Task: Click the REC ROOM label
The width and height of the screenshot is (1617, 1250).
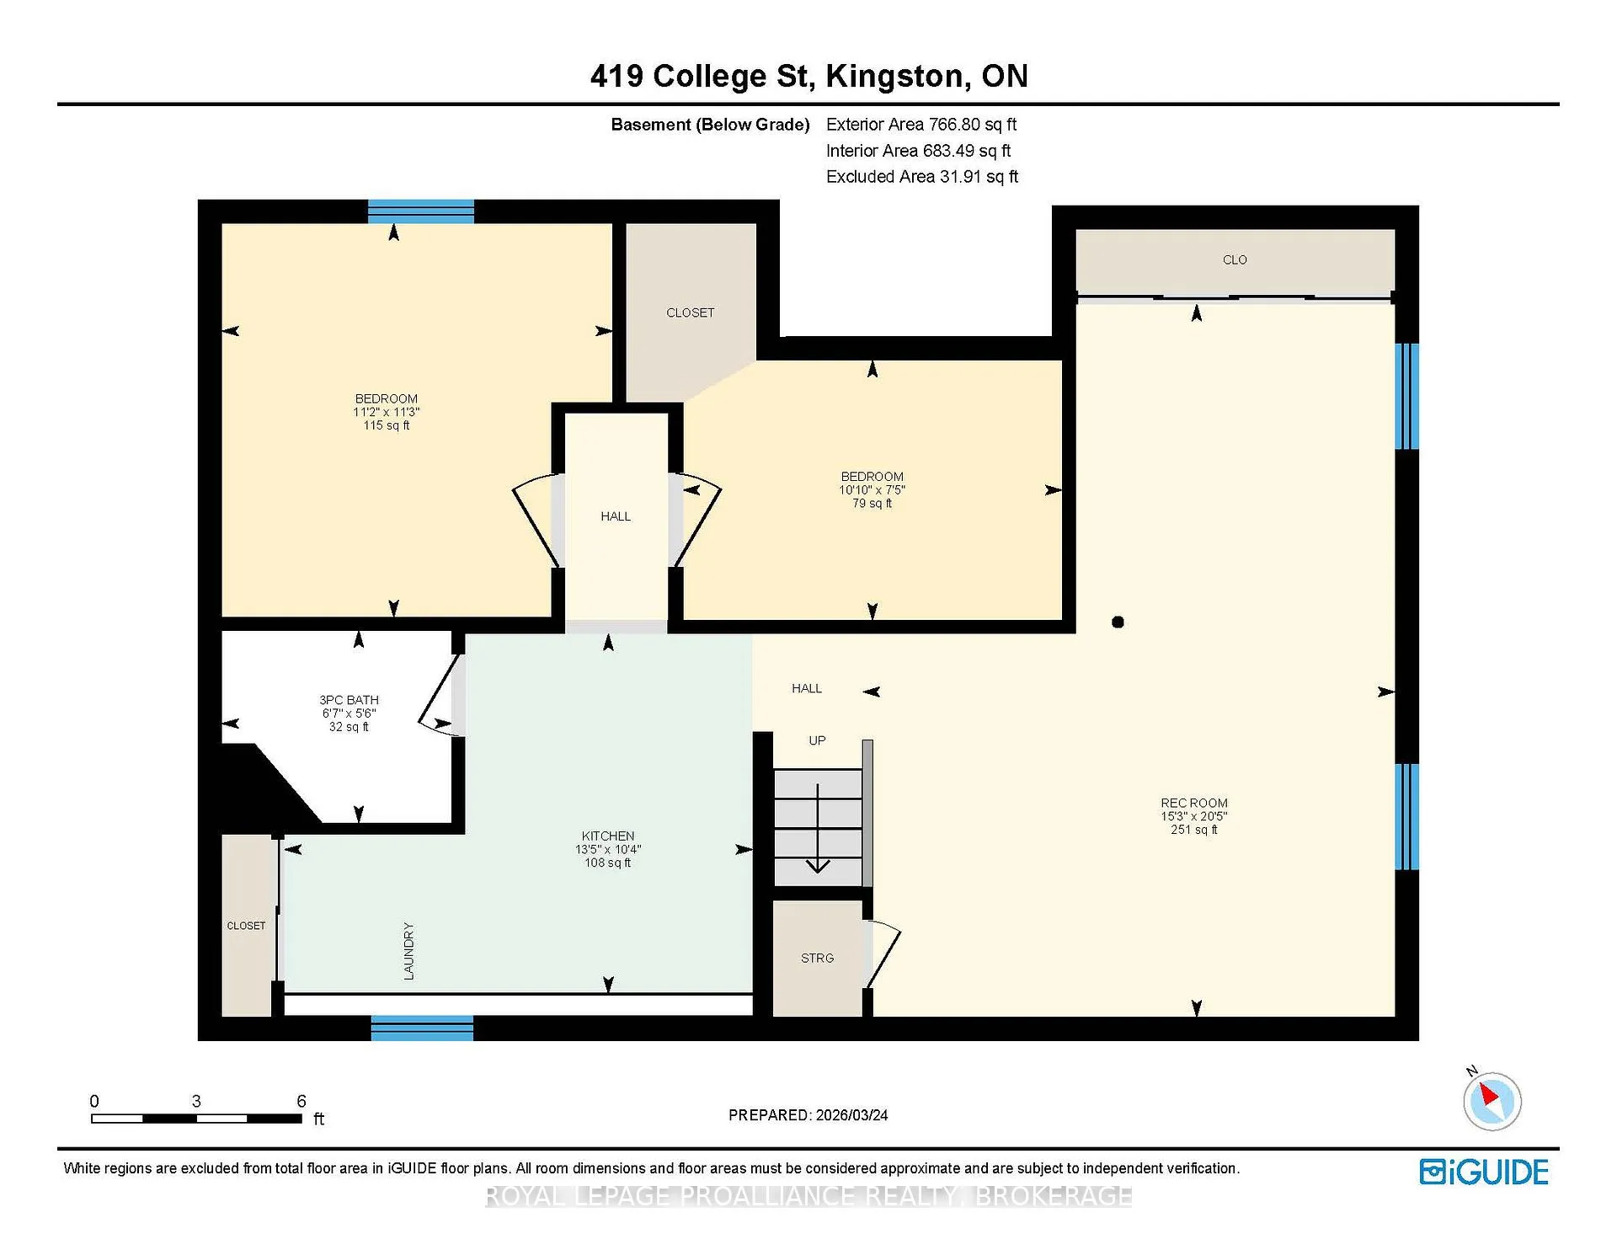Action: pyautogui.click(x=1193, y=803)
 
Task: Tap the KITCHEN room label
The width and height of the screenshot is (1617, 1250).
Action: pyautogui.click(x=607, y=836)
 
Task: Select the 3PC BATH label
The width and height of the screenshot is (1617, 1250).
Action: pyautogui.click(x=349, y=700)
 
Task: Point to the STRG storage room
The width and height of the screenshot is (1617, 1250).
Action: pyautogui.click(x=818, y=958)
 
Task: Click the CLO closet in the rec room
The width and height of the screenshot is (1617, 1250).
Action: pyautogui.click(x=1235, y=260)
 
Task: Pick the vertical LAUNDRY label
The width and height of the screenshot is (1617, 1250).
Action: pyautogui.click(x=409, y=951)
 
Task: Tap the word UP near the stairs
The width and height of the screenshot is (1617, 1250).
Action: pyautogui.click(x=817, y=740)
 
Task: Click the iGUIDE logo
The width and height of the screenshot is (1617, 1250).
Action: pyautogui.click(x=1484, y=1172)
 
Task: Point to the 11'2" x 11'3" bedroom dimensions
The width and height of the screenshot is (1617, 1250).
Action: pyautogui.click(x=386, y=412)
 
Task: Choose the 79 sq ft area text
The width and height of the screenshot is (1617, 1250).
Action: pyautogui.click(x=872, y=503)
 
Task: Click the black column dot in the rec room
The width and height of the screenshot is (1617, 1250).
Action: pyautogui.click(x=1118, y=622)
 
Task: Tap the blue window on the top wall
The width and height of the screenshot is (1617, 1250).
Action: pyautogui.click(x=421, y=211)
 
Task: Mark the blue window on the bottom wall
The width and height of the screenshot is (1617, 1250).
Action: pyautogui.click(x=422, y=1028)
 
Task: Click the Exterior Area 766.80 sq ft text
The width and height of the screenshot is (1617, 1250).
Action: pyautogui.click(x=921, y=125)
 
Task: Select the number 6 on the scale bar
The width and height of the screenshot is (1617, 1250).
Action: pyautogui.click(x=302, y=1101)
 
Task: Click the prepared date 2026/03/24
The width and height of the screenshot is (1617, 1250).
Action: pyautogui.click(x=851, y=1115)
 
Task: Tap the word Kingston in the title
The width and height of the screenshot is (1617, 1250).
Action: pyautogui.click(x=894, y=77)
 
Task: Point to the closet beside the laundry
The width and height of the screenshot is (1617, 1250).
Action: pyautogui.click(x=247, y=925)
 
